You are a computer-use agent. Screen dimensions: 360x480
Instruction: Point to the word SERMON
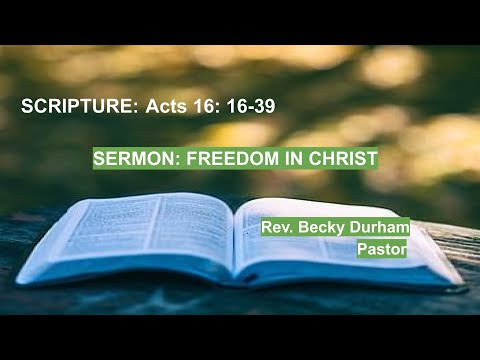pos(126,157)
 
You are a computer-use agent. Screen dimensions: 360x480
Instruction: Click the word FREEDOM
pos(214,157)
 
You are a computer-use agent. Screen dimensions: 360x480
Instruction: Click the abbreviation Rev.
pos(276,228)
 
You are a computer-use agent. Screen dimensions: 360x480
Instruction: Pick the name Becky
pos(319,228)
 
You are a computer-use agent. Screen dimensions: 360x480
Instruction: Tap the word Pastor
pos(381,250)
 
